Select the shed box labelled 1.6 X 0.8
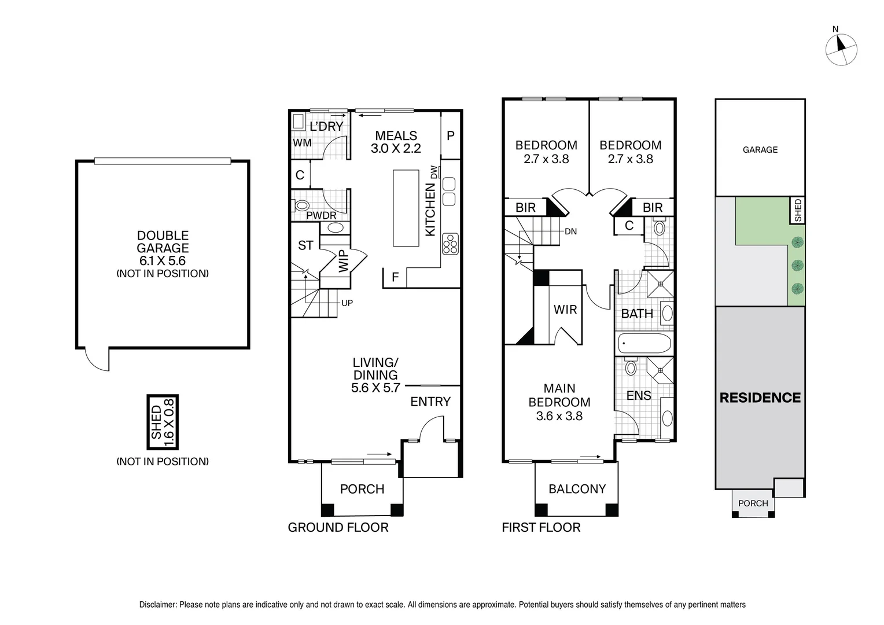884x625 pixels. coord(163,422)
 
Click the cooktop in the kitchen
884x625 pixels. coord(450,244)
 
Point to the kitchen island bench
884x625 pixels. coord(406,208)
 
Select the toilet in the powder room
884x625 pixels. coord(301,205)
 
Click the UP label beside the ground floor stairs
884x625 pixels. coord(347,303)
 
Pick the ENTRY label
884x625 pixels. coord(430,402)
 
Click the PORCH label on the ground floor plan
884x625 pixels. coord(362,489)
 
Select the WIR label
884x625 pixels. coord(565,310)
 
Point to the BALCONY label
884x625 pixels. coord(577,489)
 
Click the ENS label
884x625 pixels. coord(639,396)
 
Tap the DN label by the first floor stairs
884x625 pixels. coord(570,231)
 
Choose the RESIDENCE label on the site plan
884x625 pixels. coord(760,398)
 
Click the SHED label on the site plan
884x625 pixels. coord(798,210)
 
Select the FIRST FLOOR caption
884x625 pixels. coord(541,527)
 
